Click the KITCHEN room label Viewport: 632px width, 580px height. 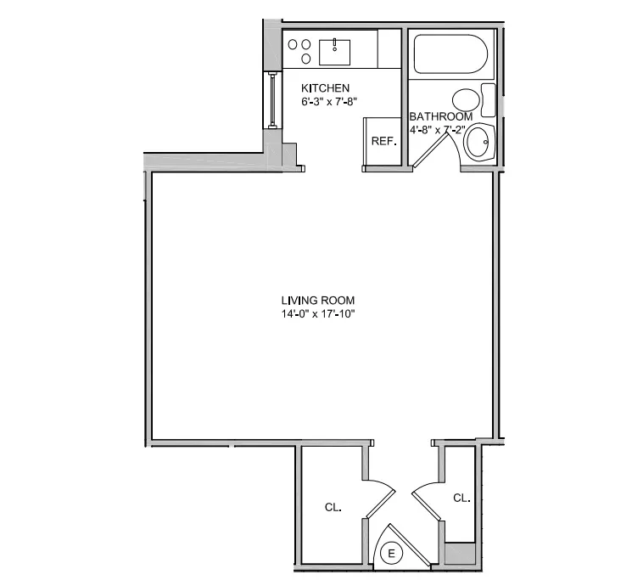tap(326, 88)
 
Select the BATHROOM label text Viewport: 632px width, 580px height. tap(440, 116)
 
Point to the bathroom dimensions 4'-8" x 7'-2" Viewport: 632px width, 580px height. tap(440, 130)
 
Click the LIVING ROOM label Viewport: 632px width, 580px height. tap(318, 301)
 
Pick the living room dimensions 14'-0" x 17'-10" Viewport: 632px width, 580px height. tap(318, 314)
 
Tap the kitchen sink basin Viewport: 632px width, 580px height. tap(335, 51)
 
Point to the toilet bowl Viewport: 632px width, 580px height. tap(464, 99)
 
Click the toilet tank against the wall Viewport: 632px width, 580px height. tap(488, 99)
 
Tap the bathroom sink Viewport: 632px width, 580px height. tap(480, 142)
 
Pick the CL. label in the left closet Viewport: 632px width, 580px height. tap(333, 507)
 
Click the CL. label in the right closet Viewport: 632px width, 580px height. tap(461, 498)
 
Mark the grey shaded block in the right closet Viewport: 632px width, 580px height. tap(460, 553)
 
